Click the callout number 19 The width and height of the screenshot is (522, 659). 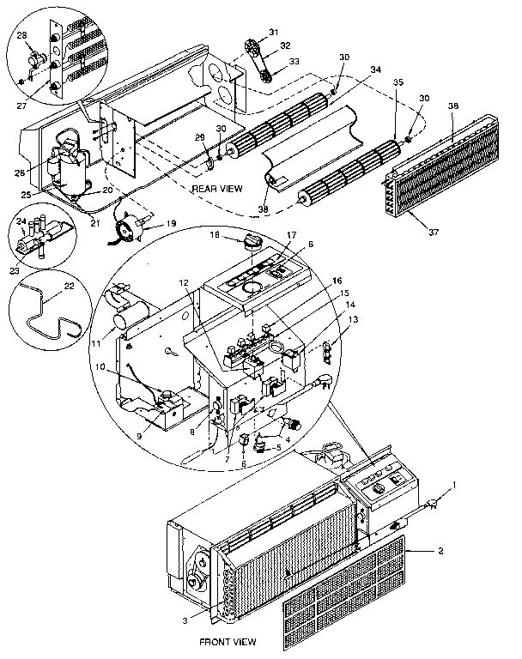tap(172, 223)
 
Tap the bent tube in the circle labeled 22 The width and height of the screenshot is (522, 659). tap(48, 313)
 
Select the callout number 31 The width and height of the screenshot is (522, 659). tap(274, 32)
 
